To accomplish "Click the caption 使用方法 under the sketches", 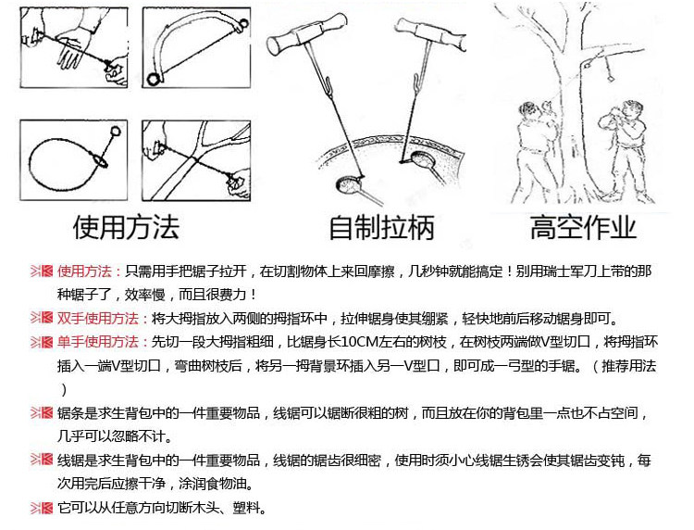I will click(124, 225).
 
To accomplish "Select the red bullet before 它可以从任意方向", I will click(43, 508).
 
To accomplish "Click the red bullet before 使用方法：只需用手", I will click(43, 271).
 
